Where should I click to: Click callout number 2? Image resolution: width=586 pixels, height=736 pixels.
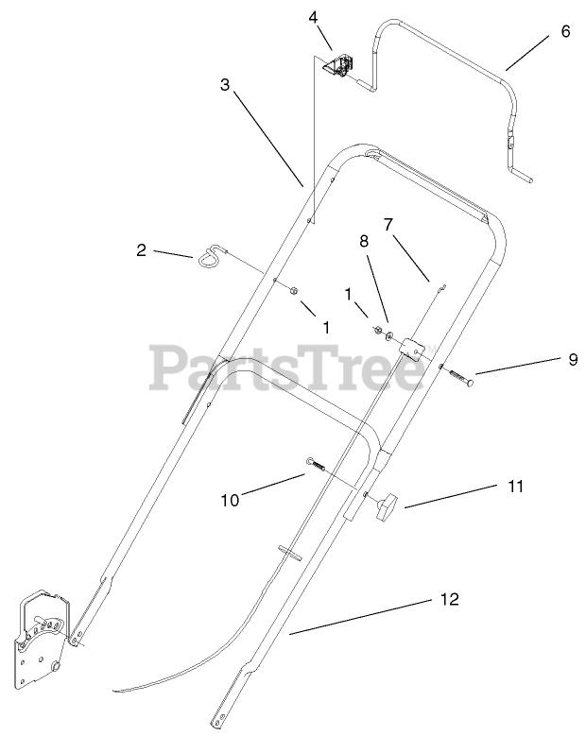click(x=142, y=250)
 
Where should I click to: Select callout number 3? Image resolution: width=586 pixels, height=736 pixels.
click(x=224, y=84)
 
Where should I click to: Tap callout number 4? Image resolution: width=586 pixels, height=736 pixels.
click(x=313, y=16)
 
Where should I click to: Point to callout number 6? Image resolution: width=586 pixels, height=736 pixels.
click(x=565, y=31)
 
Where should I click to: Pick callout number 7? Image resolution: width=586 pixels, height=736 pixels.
click(x=387, y=224)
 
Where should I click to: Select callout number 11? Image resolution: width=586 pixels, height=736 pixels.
click(x=515, y=487)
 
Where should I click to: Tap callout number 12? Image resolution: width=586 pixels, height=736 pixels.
click(x=449, y=599)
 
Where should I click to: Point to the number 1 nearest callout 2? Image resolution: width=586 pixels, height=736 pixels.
click(x=326, y=327)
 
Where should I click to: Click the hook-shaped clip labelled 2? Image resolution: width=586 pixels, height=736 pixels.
click(x=213, y=255)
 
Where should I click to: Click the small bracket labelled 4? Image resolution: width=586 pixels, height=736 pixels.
click(x=338, y=66)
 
